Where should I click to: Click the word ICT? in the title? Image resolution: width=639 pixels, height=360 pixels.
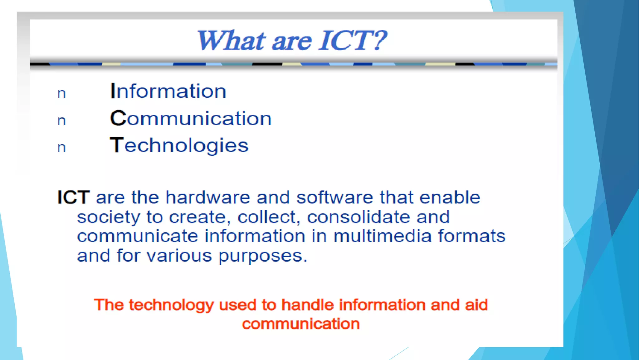point(353,41)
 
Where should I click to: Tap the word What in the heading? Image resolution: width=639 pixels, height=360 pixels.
point(231,41)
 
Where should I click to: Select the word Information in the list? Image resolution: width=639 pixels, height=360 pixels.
point(168,91)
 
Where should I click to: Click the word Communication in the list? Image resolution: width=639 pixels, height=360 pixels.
point(191,118)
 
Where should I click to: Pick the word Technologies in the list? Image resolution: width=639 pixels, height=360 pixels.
point(179,146)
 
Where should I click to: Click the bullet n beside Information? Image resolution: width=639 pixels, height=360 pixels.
point(61,93)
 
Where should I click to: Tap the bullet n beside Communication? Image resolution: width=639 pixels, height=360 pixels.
point(61,121)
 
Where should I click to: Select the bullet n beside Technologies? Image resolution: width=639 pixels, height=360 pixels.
point(61,147)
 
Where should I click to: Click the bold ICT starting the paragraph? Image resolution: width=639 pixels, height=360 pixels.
point(74,197)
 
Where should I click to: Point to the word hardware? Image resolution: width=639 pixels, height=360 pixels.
point(207,197)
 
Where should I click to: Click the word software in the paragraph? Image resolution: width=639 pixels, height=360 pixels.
point(334,197)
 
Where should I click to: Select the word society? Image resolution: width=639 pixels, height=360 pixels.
point(108,217)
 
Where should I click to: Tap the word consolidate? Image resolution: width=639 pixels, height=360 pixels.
point(359,217)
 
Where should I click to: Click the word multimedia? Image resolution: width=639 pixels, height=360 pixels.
point(382,236)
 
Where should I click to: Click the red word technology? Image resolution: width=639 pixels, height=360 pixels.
point(171,305)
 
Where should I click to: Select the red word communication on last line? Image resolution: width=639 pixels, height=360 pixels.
point(301,324)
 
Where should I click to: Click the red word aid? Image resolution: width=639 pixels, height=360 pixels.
point(476,305)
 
